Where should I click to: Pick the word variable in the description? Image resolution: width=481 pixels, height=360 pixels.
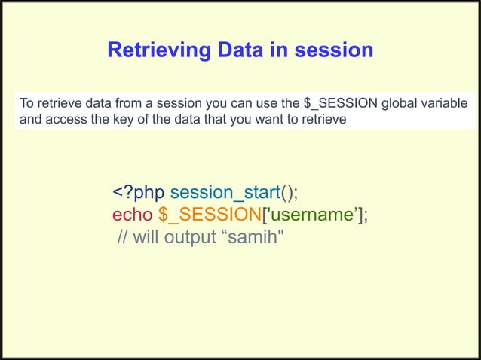click(x=446, y=103)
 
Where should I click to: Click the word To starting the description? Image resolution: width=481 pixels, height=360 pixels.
click(x=26, y=103)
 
